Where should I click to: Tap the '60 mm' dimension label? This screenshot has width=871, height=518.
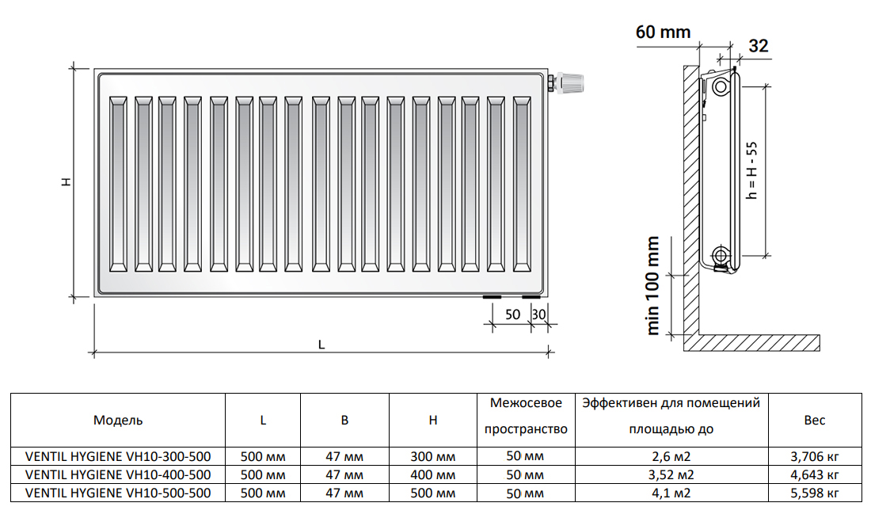pyautogui.click(x=664, y=32)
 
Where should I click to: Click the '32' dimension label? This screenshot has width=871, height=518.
pyautogui.click(x=759, y=46)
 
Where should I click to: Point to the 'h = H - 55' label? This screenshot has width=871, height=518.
pyautogui.click(x=751, y=170)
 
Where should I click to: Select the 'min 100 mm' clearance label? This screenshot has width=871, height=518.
pyautogui.click(x=653, y=286)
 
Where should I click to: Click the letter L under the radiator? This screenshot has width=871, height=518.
pyautogui.click(x=321, y=345)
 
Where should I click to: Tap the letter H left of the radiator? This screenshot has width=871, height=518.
pyautogui.click(x=66, y=181)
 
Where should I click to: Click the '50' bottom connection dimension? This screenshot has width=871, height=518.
pyautogui.click(x=512, y=314)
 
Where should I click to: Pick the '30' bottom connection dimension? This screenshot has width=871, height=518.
pyautogui.click(x=538, y=314)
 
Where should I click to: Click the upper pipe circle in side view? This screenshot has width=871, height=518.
pyautogui.click(x=721, y=86)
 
